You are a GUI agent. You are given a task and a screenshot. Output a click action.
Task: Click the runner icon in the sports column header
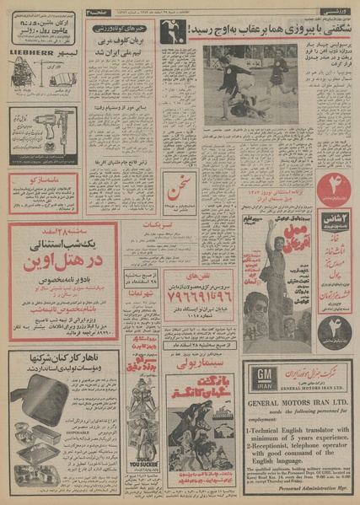pos(189,17)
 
